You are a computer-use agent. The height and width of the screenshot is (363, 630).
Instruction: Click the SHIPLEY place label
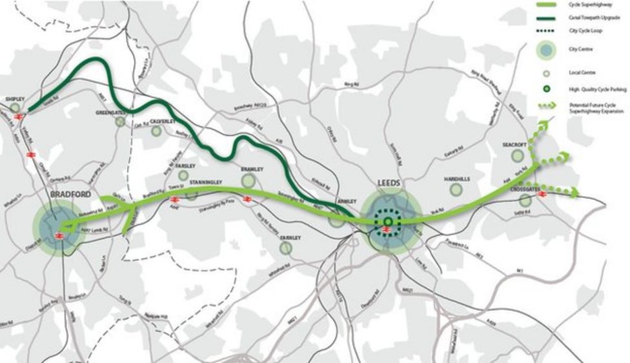click(14, 99)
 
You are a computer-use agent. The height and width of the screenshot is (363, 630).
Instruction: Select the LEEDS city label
click(390, 184)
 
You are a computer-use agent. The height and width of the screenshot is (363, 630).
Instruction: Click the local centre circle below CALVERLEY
click(156, 131)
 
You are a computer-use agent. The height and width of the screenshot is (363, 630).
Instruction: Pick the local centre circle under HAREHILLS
click(456, 189)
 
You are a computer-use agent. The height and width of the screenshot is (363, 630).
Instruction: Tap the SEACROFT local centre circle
click(518, 155)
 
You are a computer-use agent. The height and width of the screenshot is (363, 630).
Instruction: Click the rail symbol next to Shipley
click(19, 116)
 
